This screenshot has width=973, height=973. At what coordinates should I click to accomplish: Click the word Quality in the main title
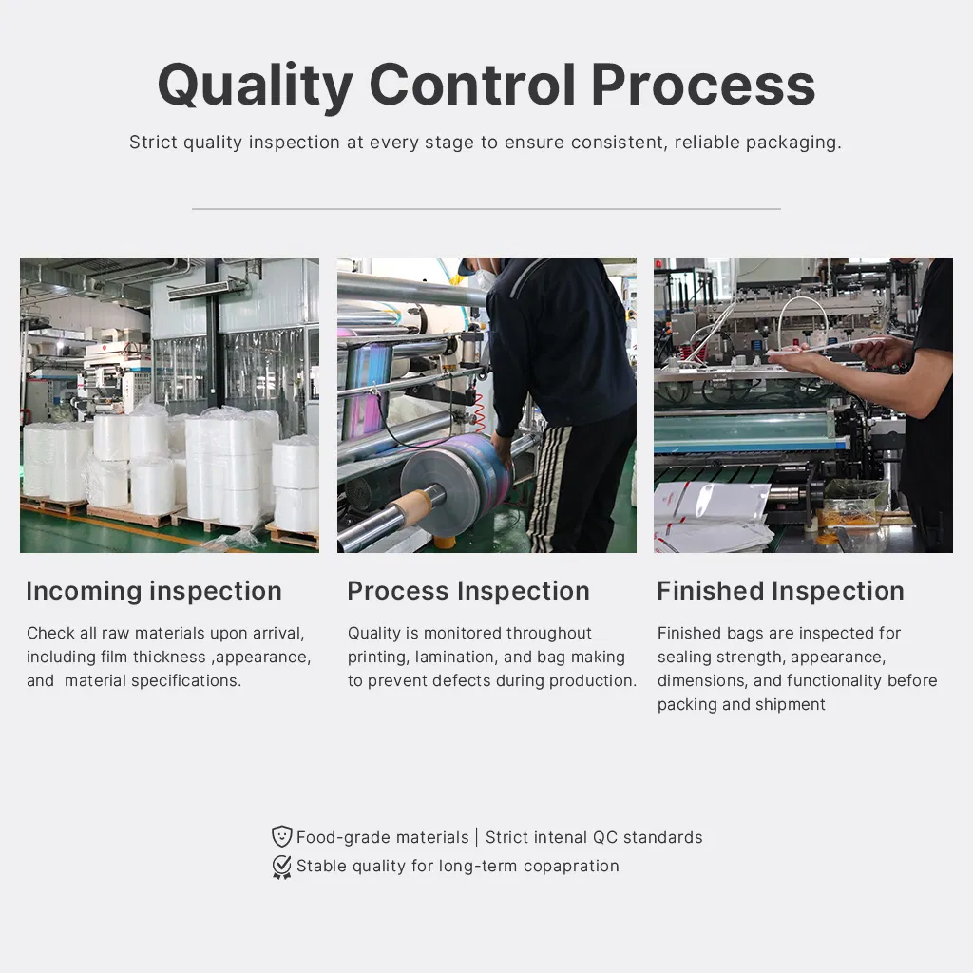point(255,86)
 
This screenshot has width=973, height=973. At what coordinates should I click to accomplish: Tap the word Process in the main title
point(702,86)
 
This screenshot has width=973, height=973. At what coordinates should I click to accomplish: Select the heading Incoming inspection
point(154,591)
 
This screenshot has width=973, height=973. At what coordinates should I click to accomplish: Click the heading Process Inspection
point(468,591)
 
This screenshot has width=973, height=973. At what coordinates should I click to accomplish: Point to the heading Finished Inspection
point(780,591)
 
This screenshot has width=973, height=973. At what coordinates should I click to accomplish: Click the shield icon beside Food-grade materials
point(282,836)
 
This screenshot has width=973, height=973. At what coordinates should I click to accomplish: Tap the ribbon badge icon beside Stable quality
point(282,866)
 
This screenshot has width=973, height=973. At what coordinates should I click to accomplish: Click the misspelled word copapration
point(571,866)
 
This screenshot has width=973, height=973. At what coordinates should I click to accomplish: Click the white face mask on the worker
point(486,277)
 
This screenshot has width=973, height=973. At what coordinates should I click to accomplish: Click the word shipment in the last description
point(792,704)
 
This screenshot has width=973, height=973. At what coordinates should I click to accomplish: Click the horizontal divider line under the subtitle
point(486,209)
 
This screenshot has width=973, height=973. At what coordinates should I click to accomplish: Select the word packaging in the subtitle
point(792,143)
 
